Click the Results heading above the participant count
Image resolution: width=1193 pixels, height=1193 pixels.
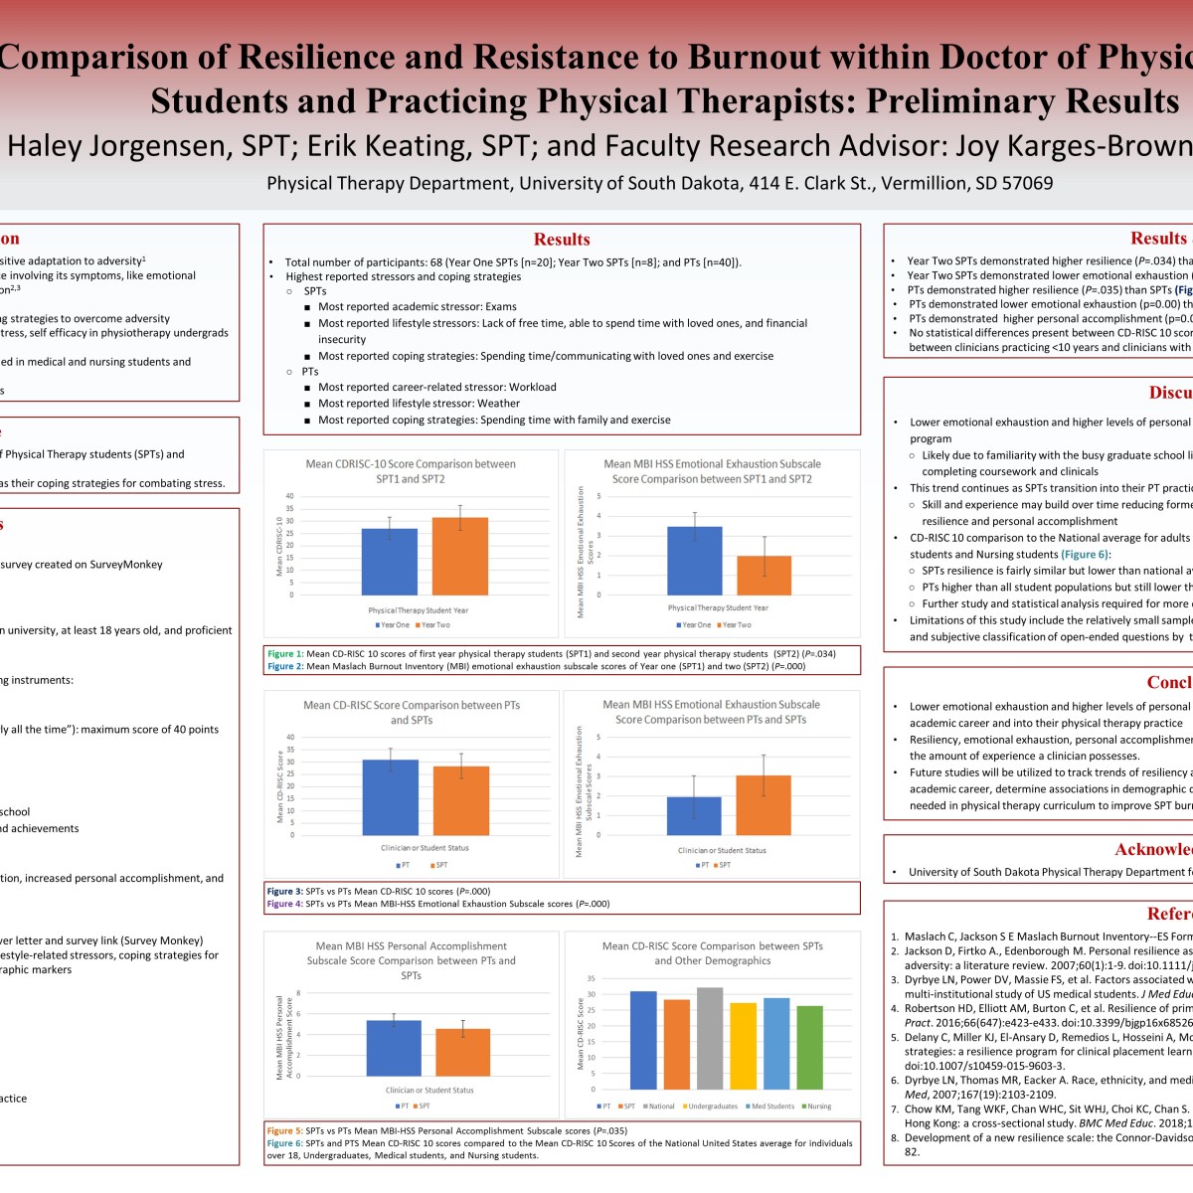pos(562,239)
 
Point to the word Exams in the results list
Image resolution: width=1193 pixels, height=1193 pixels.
pos(501,307)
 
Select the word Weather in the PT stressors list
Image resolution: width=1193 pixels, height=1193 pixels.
pos(498,404)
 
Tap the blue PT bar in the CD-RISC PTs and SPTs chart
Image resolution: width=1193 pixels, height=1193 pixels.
pos(390,796)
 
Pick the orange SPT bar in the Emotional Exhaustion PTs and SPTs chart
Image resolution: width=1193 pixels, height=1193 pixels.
pos(763,804)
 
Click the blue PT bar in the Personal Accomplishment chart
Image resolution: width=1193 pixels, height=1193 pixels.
pos(394,1048)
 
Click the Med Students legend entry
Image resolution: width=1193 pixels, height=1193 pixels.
pos(771,1107)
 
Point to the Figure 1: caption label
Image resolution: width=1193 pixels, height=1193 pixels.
pos(285,654)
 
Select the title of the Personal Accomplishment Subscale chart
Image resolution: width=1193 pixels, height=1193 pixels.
pos(411,960)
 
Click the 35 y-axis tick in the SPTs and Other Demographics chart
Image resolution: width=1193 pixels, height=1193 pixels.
pos(592,978)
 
